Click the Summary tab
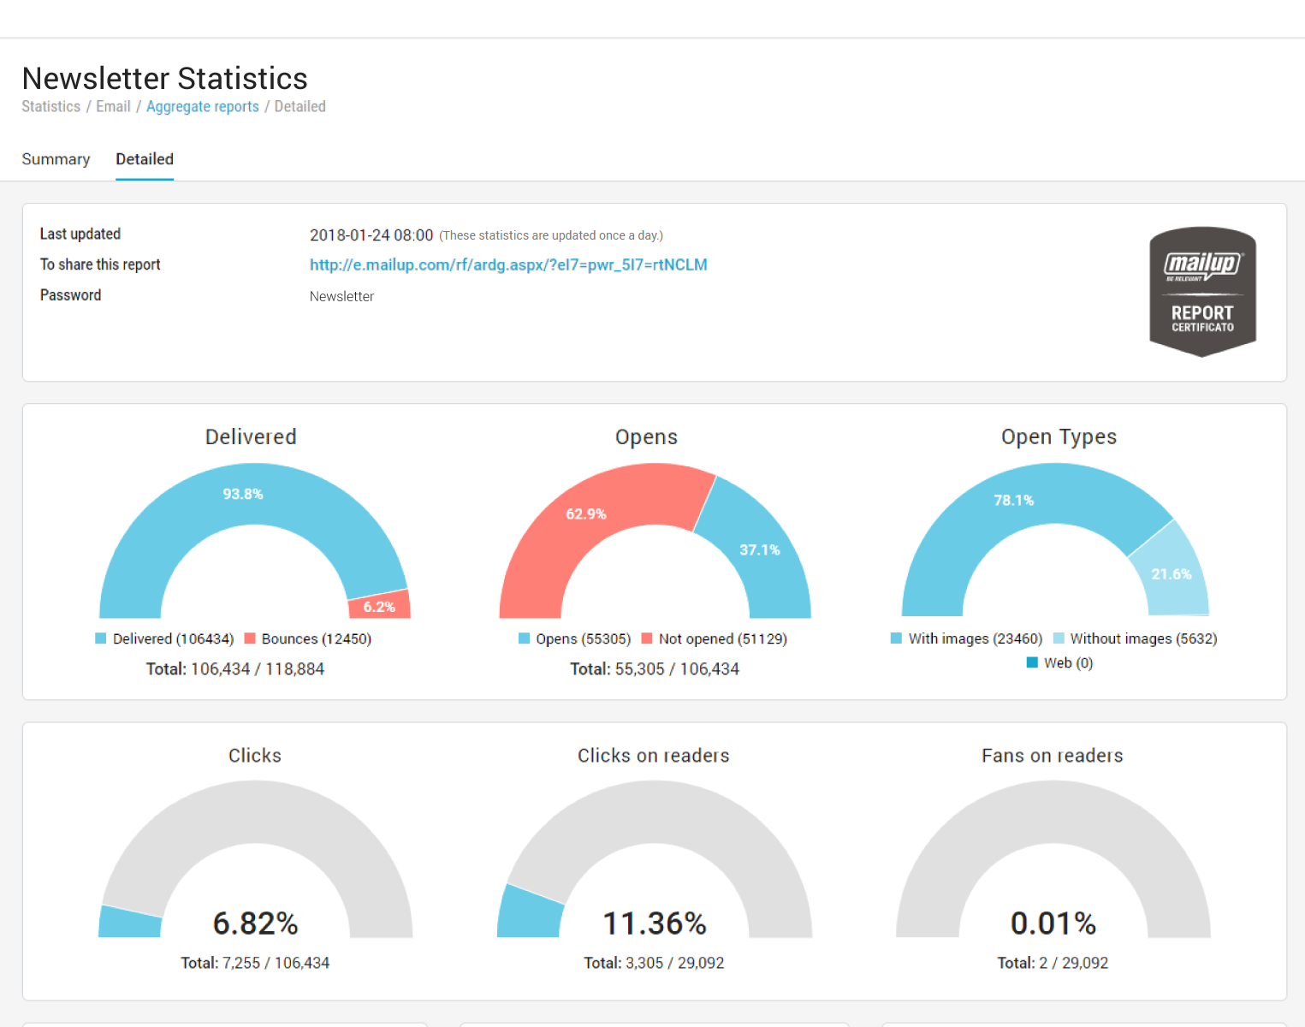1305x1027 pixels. (x=56, y=159)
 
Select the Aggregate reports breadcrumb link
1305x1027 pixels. (x=202, y=106)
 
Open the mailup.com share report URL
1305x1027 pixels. (x=508, y=264)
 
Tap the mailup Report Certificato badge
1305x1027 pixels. (x=1202, y=291)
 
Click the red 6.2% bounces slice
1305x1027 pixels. (x=379, y=606)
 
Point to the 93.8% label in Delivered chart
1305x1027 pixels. (x=243, y=494)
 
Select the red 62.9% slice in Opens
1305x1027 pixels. (x=586, y=513)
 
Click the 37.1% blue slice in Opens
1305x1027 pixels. (x=760, y=549)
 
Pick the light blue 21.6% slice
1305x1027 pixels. (x=1171, y=573)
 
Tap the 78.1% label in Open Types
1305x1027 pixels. (x=1014, y=500)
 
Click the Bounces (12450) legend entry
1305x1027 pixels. (x=308, y=638)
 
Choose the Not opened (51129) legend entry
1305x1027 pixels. (x=715, y=638)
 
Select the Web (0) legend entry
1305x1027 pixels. (x=1060, y=662)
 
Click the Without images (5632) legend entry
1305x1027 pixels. (x=1136, y=638)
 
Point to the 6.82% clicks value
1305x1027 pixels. (x=255, y=923)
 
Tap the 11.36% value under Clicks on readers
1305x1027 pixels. (x=655, y=923)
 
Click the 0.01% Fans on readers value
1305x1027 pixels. (x=1053, y=923)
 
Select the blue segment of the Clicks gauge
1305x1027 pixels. (x=130, y=922)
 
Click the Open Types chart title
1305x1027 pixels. (x=1059, y=436)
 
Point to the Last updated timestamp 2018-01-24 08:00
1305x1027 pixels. (x=371, y=234)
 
